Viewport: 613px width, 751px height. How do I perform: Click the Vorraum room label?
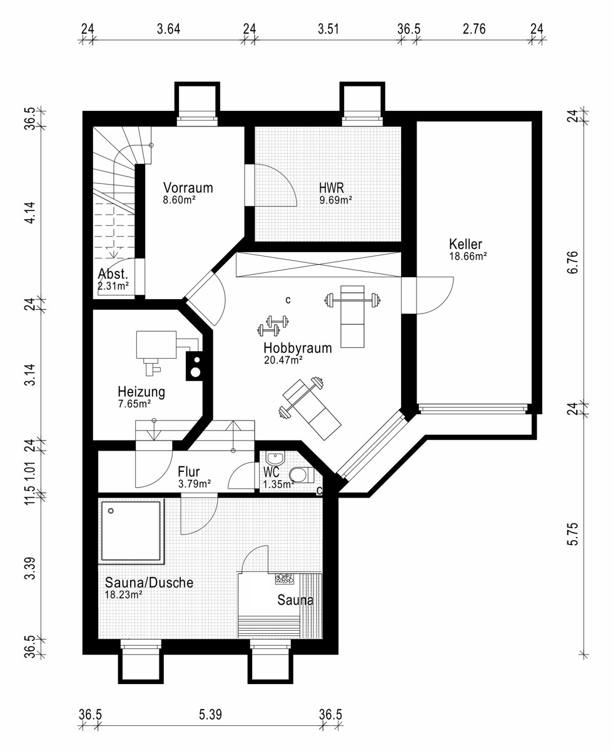pos(188,188)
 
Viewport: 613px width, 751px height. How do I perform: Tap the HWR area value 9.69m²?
pos(336,200)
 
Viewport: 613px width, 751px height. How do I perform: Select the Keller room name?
pos(465,244)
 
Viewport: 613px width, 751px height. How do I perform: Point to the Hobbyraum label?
pos(298,348)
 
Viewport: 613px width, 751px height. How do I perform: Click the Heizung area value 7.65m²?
pos(134,404)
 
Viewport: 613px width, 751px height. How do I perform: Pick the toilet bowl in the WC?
pos(301,475)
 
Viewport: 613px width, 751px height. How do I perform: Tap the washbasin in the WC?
pos(275,458)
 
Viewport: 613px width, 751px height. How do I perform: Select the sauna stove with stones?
pos(284,579)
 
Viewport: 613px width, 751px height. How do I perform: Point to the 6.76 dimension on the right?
pos(574,262)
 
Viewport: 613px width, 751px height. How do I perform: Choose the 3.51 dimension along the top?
pos(328,29)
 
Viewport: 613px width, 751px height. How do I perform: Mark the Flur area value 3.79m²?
pos(195,484)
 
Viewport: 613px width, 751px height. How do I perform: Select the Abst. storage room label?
pos(113,274)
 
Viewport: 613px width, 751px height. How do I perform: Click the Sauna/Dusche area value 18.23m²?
pos(124,595)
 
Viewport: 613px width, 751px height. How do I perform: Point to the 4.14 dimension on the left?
pos(30,213)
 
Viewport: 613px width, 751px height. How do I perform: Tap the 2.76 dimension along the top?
pos(474,29)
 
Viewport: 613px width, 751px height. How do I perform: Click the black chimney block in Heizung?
pos(195,365)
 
